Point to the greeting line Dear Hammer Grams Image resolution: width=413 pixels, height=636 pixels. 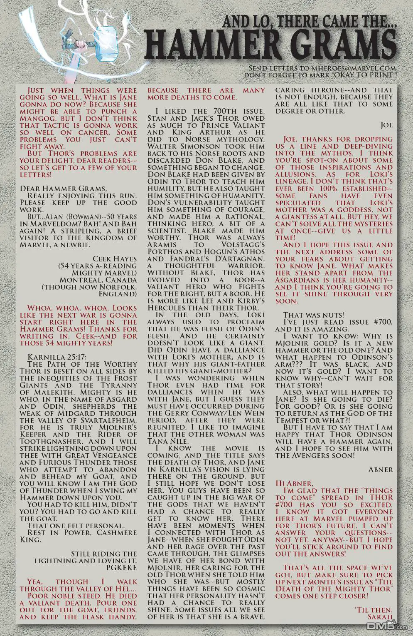tap(63, 189)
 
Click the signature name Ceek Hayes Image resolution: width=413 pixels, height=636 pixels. tap(115, 259)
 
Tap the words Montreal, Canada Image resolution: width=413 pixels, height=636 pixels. tap(98, 280)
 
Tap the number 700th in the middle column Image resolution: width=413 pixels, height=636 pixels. tap(229, 111)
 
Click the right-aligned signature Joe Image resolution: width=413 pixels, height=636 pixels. tap(386, 125)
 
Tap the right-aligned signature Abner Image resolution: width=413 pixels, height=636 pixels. tap(380, 469)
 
